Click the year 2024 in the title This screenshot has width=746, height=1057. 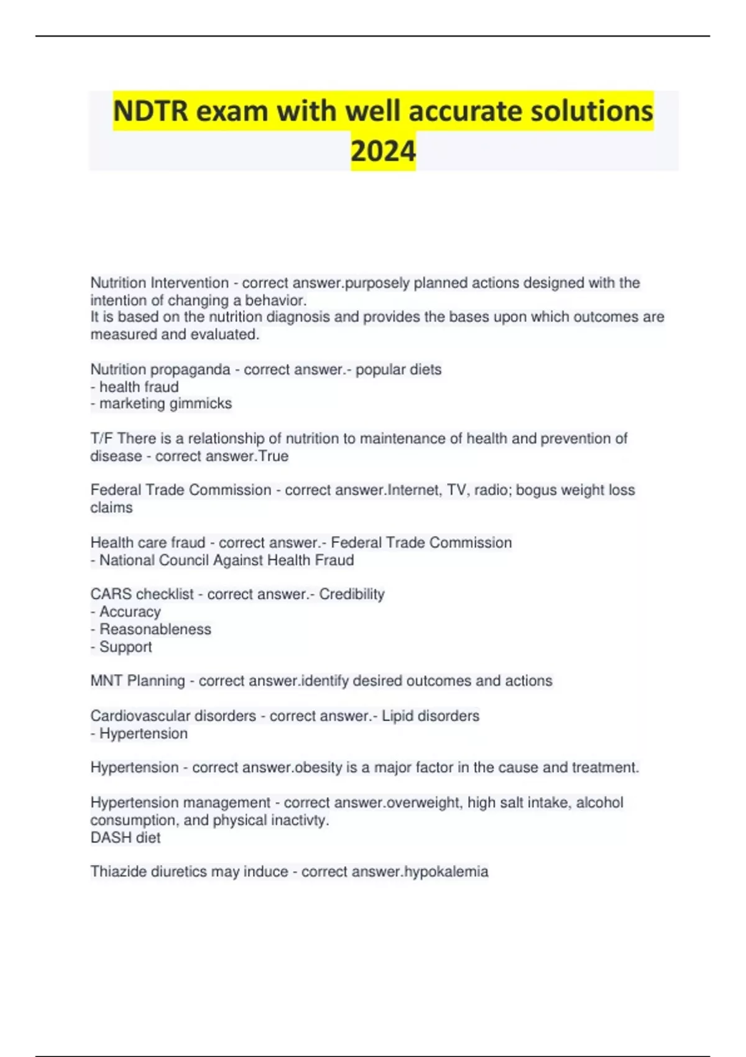383,151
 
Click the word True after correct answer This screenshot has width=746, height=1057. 274,456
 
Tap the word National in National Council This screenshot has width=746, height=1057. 127,560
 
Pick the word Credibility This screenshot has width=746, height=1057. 352,594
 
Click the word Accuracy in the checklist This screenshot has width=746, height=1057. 130,612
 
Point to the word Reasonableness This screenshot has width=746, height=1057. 155,629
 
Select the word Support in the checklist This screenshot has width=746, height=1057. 126,647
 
